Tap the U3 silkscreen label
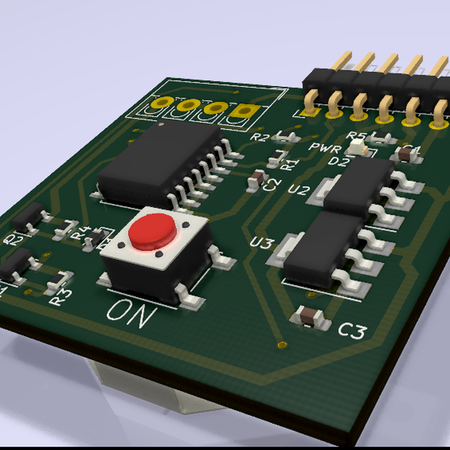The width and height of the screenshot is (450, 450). pyautogui.click(x=262, y=243)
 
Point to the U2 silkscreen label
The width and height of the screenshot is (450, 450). pyautogui.click(x=298, y=190)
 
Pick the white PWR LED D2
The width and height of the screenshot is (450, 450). pyautogui.click(x=363, y=151)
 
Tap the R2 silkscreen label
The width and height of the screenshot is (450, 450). pyautogui.click(x=259, y=138)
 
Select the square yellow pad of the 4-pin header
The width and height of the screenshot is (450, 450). pyautogui.click(x=241, y=112)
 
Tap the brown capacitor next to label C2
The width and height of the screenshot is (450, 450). pyautogui.click(x=258, y=178)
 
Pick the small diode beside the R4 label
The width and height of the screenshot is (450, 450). pyautogui.click(x=97, y=238)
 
